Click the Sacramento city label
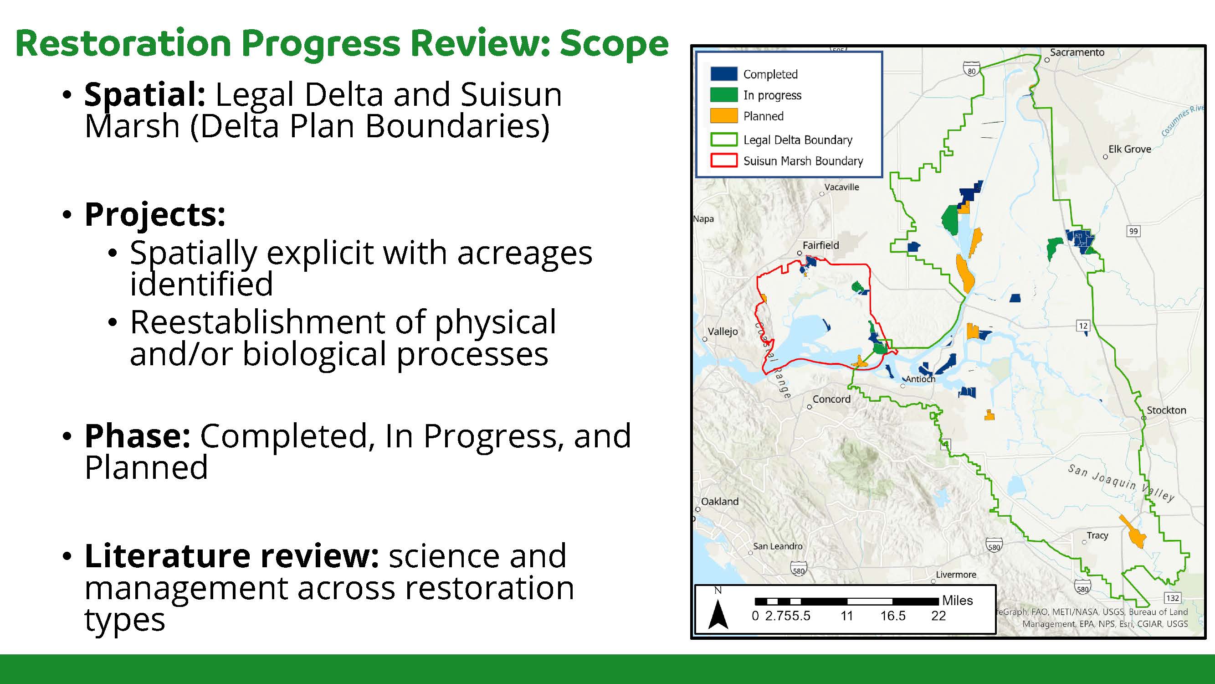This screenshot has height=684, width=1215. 1077,52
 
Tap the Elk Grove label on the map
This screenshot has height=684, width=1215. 1129,149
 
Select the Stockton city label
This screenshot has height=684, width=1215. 1166,410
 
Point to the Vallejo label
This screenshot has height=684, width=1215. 723,332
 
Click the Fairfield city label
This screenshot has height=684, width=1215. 820,245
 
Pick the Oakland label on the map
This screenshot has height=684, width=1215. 720,501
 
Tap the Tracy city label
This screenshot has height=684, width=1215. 1097,536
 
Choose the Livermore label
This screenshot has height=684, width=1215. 956,575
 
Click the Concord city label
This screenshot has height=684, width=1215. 831,399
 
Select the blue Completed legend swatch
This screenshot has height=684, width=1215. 723,73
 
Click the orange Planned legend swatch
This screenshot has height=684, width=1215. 723,116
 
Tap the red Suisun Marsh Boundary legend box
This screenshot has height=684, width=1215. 723,161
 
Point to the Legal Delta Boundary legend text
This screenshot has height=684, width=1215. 798,140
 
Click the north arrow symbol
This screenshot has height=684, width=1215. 718,614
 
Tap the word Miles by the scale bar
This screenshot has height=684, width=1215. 958,601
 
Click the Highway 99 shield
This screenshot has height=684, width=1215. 1133,231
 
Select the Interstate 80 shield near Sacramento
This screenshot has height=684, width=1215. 972,70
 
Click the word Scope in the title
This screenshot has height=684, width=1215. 614,43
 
